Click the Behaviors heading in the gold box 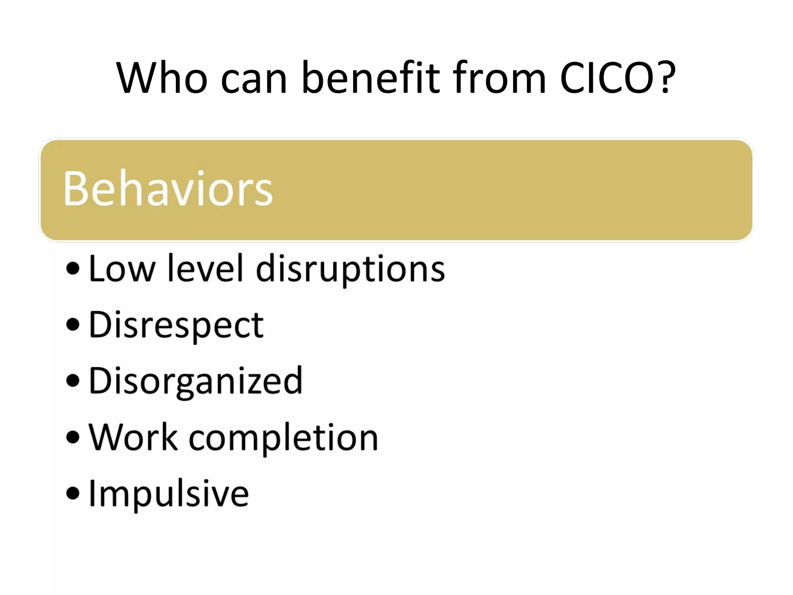(x=168, y=189)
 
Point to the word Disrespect (x=176, y=325)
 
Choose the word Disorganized (x=196, y=382)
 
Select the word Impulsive (x=169, y=494)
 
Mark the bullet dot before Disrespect (x=73, y=325)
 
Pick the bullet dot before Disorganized (x=73, y=380)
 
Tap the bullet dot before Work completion (x=73, y=437)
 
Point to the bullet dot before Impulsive (x=73, y=493)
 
